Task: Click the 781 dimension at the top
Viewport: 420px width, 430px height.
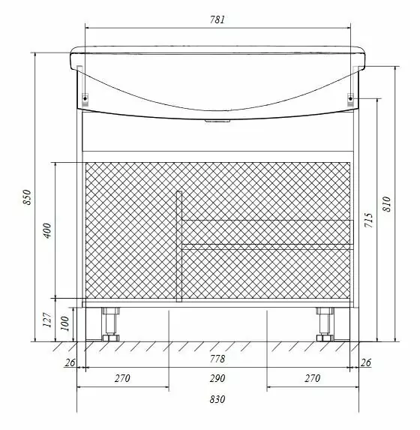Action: (217, 20)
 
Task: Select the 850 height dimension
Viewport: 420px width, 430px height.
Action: (27, 197)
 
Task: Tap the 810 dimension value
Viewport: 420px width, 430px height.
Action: (386, 203)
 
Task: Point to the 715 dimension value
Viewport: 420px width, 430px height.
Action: (369, 220)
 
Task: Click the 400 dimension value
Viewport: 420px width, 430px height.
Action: (47, 230)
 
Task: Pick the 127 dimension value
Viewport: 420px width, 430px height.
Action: (47, 320)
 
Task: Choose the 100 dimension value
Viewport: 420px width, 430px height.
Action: (64, 323)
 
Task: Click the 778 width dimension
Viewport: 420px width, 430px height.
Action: (217, 359)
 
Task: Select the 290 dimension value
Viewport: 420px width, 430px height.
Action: (217, 378)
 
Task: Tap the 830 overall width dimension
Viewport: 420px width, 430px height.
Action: (217, 399)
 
